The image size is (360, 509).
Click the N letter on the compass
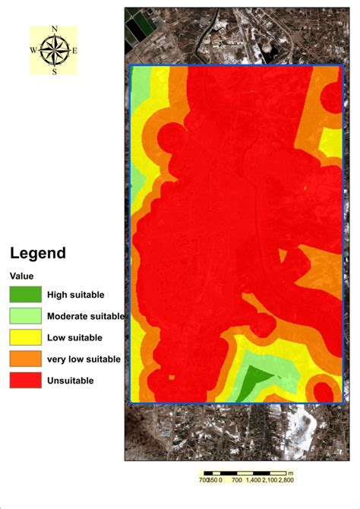point(54,30)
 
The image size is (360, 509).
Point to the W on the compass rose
point(33,50)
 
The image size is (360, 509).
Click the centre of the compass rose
point(54,50)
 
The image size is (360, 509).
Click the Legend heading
point(37,254)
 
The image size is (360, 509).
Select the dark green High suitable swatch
point(25,294)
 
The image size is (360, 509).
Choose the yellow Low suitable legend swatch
point(25,337)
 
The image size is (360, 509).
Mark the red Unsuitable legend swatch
point(25,380)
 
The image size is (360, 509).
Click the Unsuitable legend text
point(71,381)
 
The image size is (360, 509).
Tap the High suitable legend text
point(75,295)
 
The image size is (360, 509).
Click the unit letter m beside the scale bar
point(291,472)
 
